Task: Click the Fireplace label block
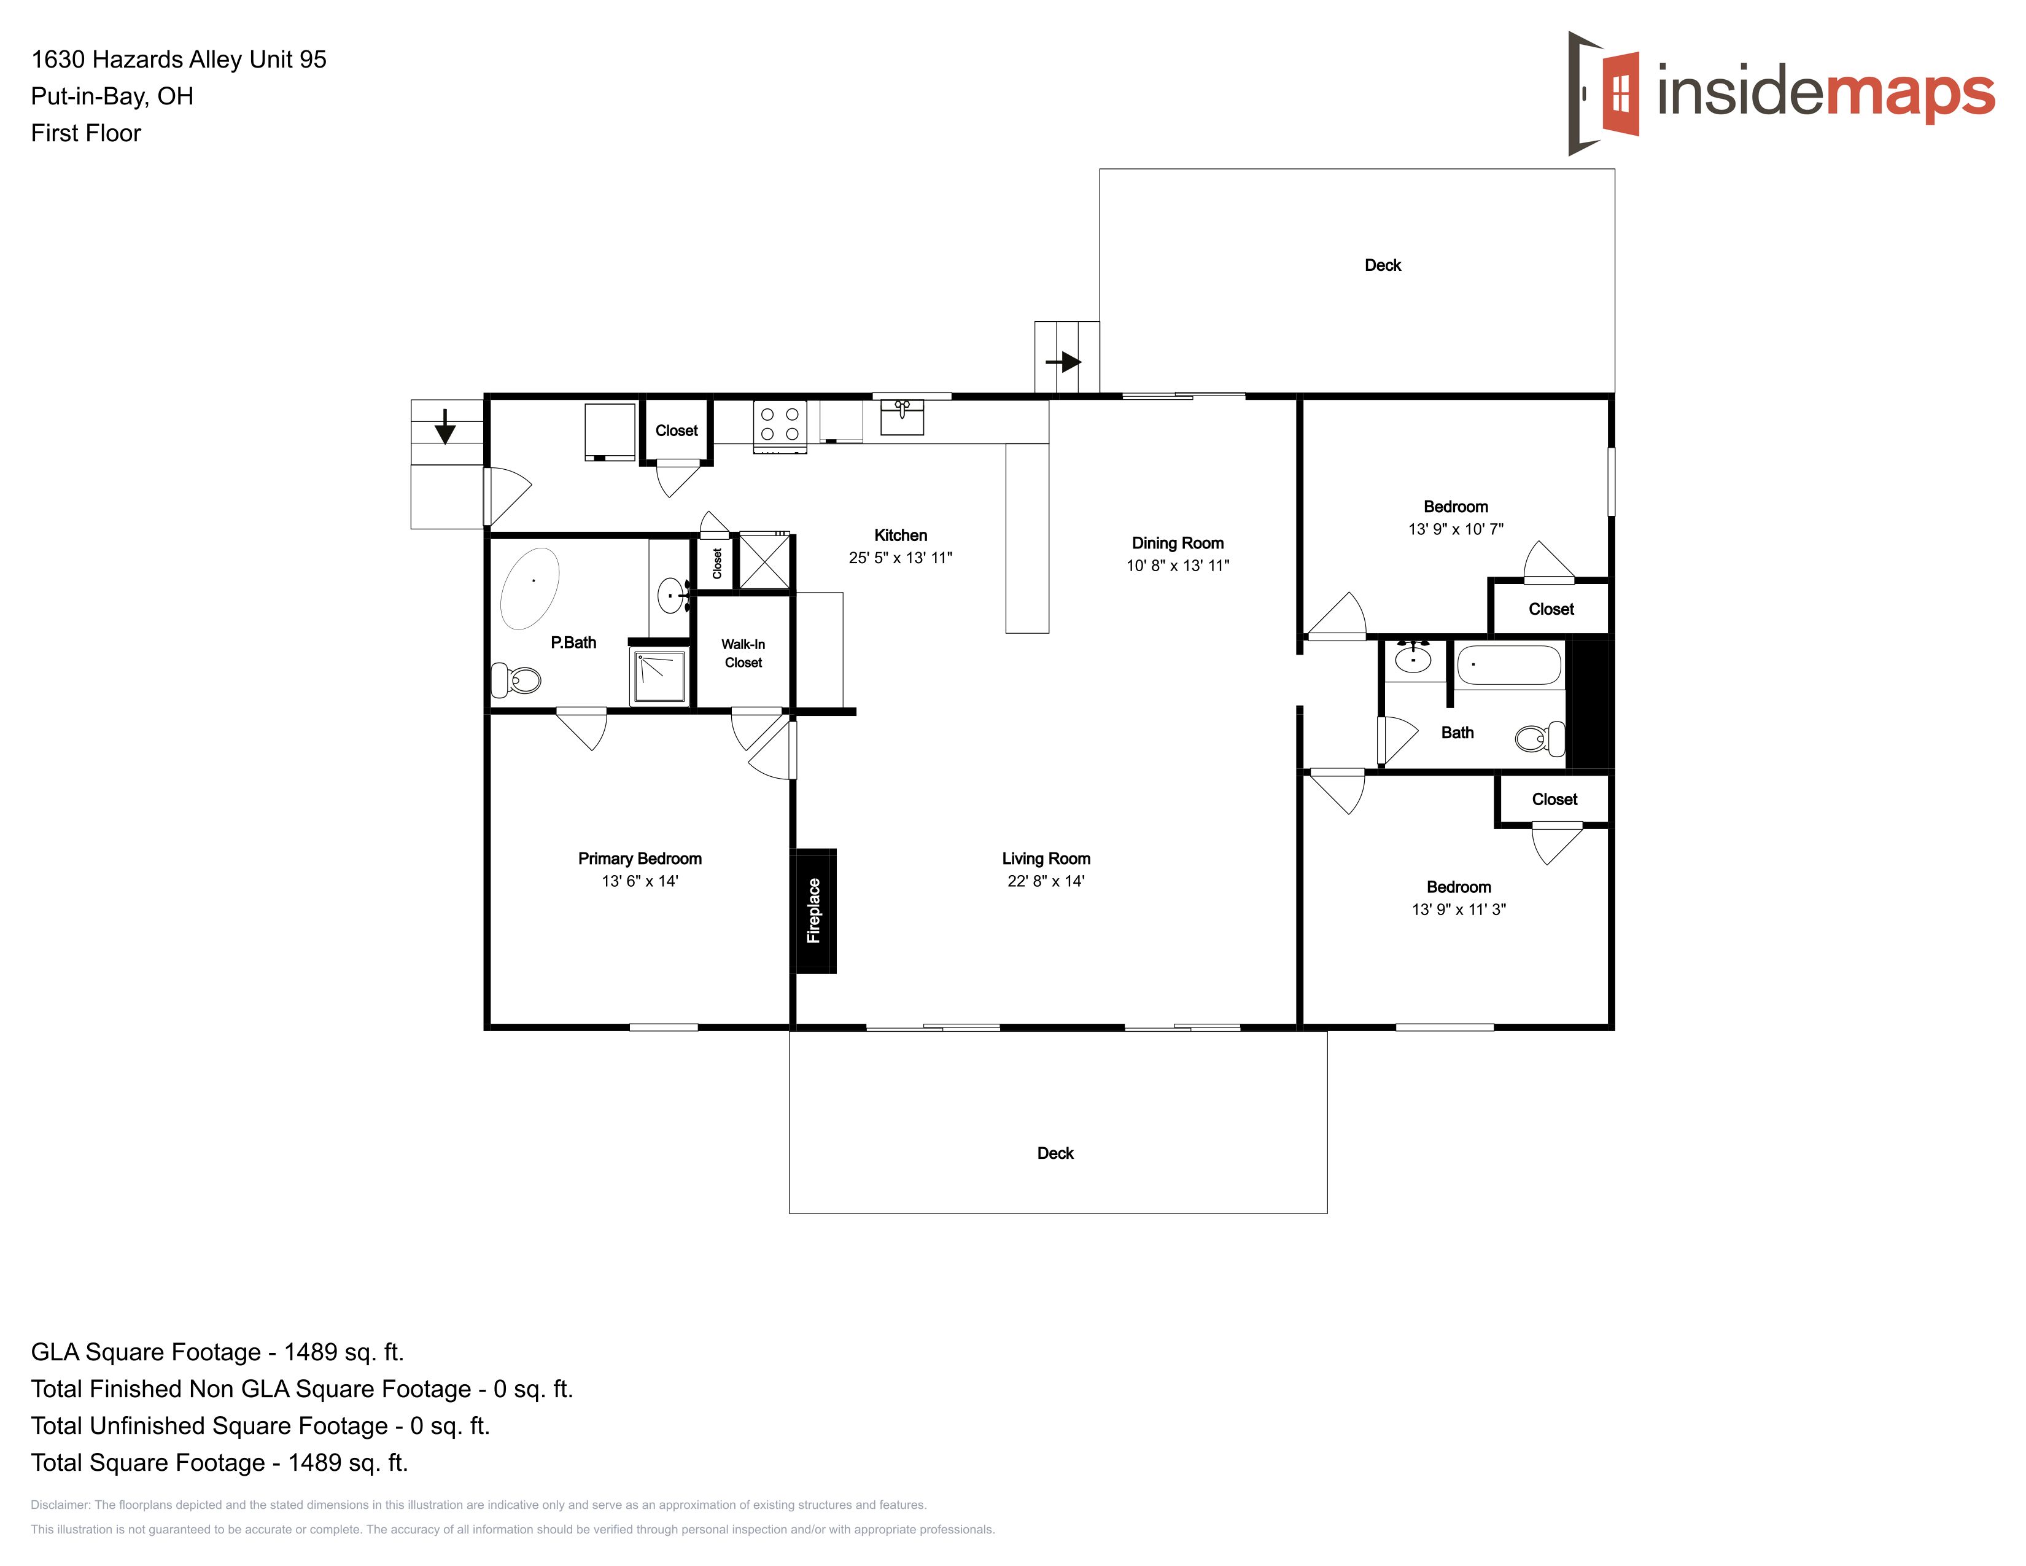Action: click(x=815, y=911)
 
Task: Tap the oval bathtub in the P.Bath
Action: click(x=530, y=589)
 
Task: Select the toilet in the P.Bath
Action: click(x=516, y=680)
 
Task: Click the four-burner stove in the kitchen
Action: click(x=779, y=427)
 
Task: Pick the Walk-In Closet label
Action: click(x=743, y=653)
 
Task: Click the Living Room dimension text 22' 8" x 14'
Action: click(x=1046, y=881)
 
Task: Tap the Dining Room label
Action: click(x=1177, y=543)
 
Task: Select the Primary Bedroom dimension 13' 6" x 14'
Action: click(x=640, y=881)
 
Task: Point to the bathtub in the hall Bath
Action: click(x=1509, y=665)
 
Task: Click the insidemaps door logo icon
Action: click(x=1603, y=93)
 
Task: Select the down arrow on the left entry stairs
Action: click(x=445, y=427)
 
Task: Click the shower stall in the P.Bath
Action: click(x=659, y=677)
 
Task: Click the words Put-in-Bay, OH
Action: click(x=112, y=96)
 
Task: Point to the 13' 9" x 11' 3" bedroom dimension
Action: click(x=1458, y=910)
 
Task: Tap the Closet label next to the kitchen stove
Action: click(x=677, y=430)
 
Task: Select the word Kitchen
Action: click(x=901, y=536)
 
